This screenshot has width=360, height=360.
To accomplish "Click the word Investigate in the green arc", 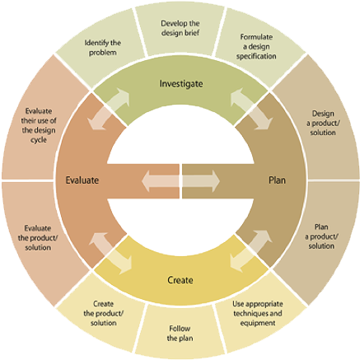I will [x=180, y=83].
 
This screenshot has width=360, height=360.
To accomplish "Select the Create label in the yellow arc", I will [x=180, y=280].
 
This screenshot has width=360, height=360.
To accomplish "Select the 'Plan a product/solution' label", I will [x=324, y=236].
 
